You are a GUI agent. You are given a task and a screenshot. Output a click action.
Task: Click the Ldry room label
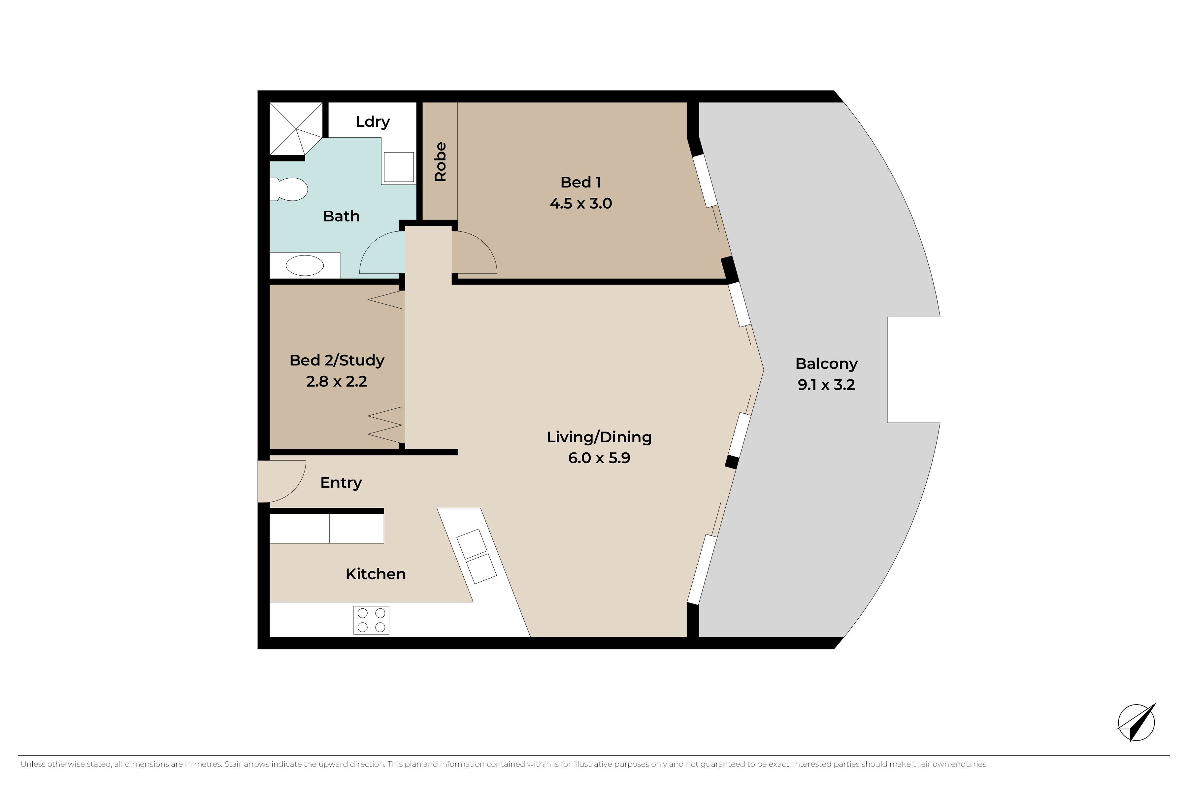[373, 122]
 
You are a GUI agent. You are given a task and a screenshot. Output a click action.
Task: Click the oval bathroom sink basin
[305, 265]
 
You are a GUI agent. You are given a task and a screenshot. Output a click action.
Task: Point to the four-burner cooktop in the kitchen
[371, 620]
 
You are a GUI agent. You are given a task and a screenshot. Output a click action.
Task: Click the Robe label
[440, 162]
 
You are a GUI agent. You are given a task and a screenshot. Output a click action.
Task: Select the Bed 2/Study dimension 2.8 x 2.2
[336, 381]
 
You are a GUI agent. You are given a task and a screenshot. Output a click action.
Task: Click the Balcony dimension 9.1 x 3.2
[826, 385]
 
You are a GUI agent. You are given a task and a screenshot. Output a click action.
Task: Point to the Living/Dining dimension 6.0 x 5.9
[599, 458]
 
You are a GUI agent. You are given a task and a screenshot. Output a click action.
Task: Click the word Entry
[341, 483]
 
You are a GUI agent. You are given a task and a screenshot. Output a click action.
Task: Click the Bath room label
[341, 216]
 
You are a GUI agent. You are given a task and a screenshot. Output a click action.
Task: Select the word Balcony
[826, 364]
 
